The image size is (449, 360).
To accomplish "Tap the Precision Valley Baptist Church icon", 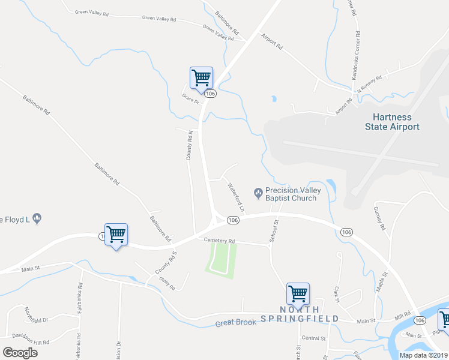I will [x=258, y=193].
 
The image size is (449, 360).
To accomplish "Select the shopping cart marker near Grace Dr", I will [x=201, y=77].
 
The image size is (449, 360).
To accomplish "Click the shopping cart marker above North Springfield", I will [x=298, y=293].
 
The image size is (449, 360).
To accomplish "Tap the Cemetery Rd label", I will [x=219, y=241].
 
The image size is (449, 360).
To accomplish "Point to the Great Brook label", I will [x=236, y=323].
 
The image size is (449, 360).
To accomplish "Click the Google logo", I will [x=20, y=352].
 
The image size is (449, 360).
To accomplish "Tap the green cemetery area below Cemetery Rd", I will [x=222, y=259].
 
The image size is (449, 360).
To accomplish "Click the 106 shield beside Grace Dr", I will [x=209, y=94].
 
